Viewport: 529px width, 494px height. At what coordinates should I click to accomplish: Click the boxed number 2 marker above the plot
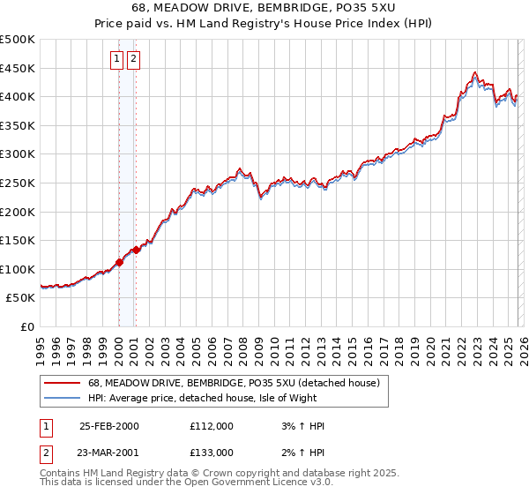click(134, 59)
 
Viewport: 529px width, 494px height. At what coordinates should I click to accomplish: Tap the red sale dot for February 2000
click(119, 262)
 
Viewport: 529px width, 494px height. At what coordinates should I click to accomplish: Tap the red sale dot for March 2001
click(136, 250)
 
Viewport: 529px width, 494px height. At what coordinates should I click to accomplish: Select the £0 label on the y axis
click(27, 326)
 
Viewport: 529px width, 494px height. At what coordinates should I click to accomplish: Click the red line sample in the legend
click(62, 383)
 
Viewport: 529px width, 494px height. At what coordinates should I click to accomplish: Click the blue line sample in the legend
click(62, 398)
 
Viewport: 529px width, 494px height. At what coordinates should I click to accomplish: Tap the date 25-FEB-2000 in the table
click(109, 426)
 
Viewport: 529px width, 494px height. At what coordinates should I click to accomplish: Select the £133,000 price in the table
click(211, 452)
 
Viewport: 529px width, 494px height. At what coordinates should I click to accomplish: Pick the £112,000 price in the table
click(211, 426)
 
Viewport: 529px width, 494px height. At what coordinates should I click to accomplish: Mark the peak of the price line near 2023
click(475, 72)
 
